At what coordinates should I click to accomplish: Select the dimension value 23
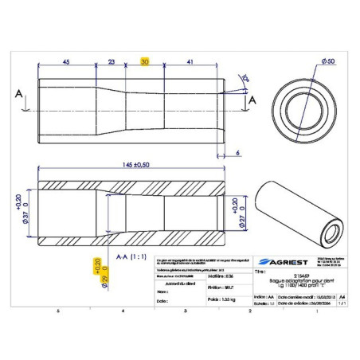coord(112,61)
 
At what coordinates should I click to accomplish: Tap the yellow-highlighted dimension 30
coord(145,61)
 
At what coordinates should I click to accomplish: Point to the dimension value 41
coord(189,61)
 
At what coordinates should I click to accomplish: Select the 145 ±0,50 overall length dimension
coord(131,165)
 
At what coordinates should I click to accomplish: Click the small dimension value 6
coord(238,151)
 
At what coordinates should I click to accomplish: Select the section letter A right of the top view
coord(252,101)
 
